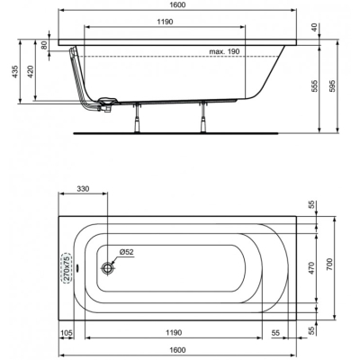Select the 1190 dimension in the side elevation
[165, 22]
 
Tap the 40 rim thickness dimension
[314, 28]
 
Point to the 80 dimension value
[44, 45]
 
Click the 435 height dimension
[15, 71]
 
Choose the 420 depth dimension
[31, 71]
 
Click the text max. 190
[224, 51]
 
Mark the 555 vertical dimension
[314, 87]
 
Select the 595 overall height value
[332, 87]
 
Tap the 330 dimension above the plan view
[83, 189]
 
